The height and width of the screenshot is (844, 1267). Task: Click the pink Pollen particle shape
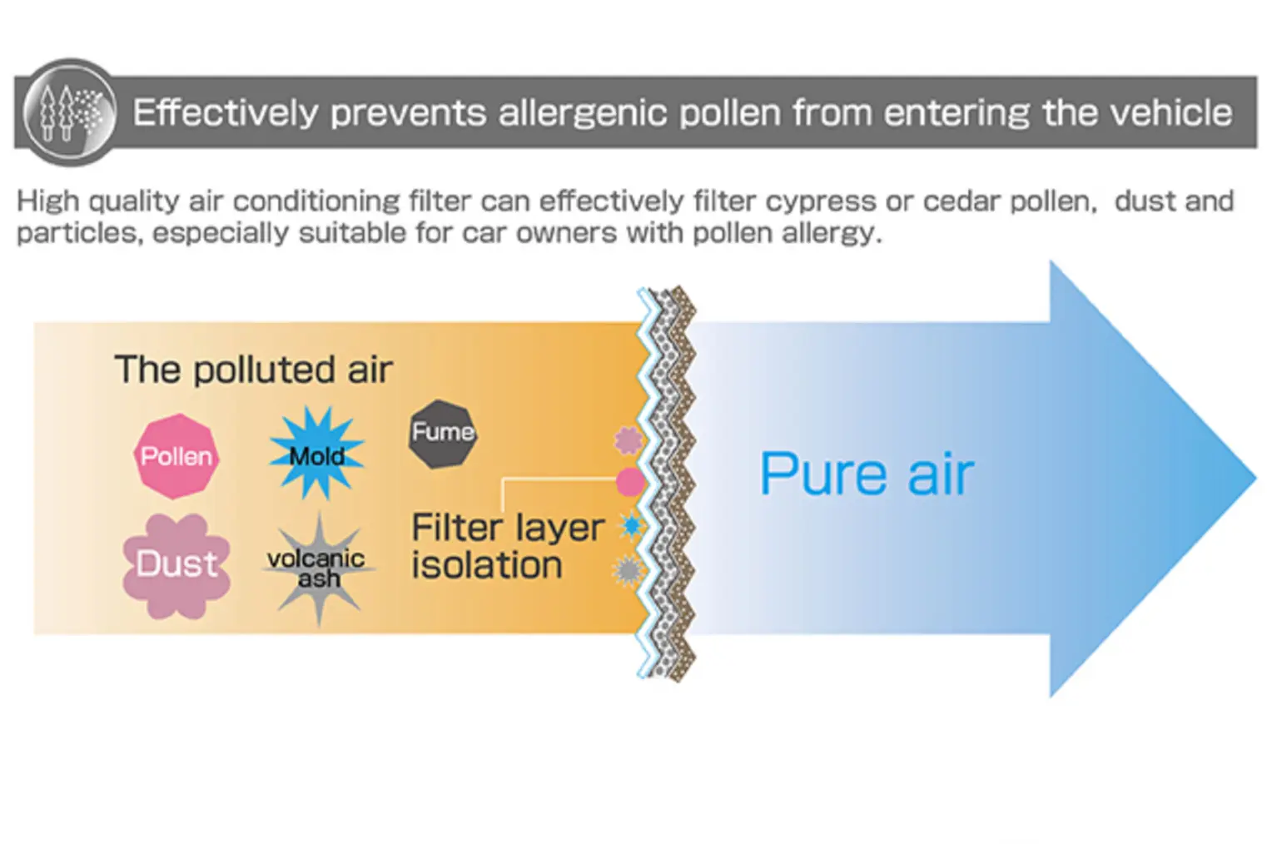[x=176, y=456]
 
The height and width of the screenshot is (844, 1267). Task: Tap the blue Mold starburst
[x=316, y=453]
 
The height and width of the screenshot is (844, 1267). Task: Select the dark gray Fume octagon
[x=442, y=434]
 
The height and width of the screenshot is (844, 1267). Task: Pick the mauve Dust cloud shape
[x=176, y=566]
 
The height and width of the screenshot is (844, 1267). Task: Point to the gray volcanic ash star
[x=319, y=568]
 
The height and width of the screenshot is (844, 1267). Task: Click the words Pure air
[x=867, y=474]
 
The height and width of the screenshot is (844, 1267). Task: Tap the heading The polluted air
[x=253, y=370]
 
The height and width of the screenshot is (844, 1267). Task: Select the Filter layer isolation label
[x=507, y=546]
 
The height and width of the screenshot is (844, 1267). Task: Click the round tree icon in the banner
[x=70, y=112]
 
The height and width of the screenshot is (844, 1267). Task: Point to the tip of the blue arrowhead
[x=1255, y=479]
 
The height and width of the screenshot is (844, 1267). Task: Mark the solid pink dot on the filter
[x=630, y=482]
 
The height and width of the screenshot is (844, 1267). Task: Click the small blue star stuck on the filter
[x=632, y=526]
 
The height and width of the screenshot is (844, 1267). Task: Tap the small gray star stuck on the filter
[x=628, y=570]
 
